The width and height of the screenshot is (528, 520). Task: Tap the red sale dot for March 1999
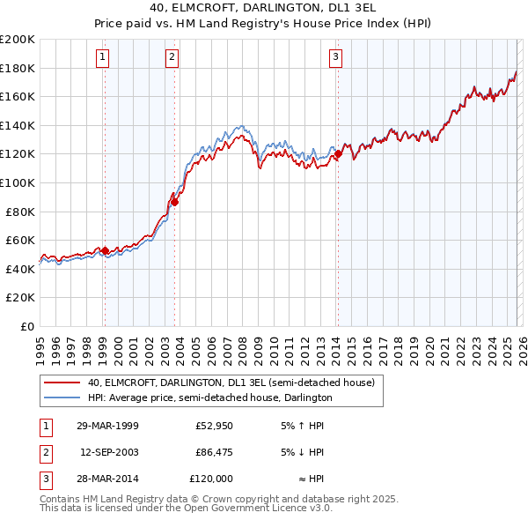click(x=105, y=250)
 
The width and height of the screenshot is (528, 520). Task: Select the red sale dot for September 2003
click(x=174, y=202)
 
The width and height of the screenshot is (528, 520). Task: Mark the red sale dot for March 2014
click(x=338, y=154)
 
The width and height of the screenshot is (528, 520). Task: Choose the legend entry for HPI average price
click(x=209, y=397)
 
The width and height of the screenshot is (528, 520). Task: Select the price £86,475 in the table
click(x=214, y=452)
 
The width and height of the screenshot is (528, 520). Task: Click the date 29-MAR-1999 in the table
click(x=107, y=426)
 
